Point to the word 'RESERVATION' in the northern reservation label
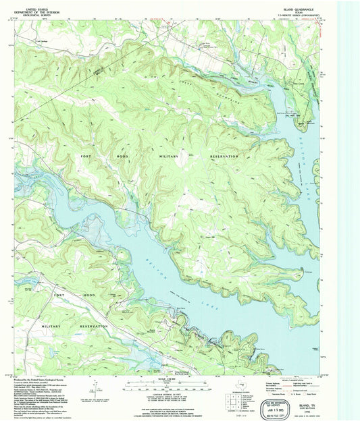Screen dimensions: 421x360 220,156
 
